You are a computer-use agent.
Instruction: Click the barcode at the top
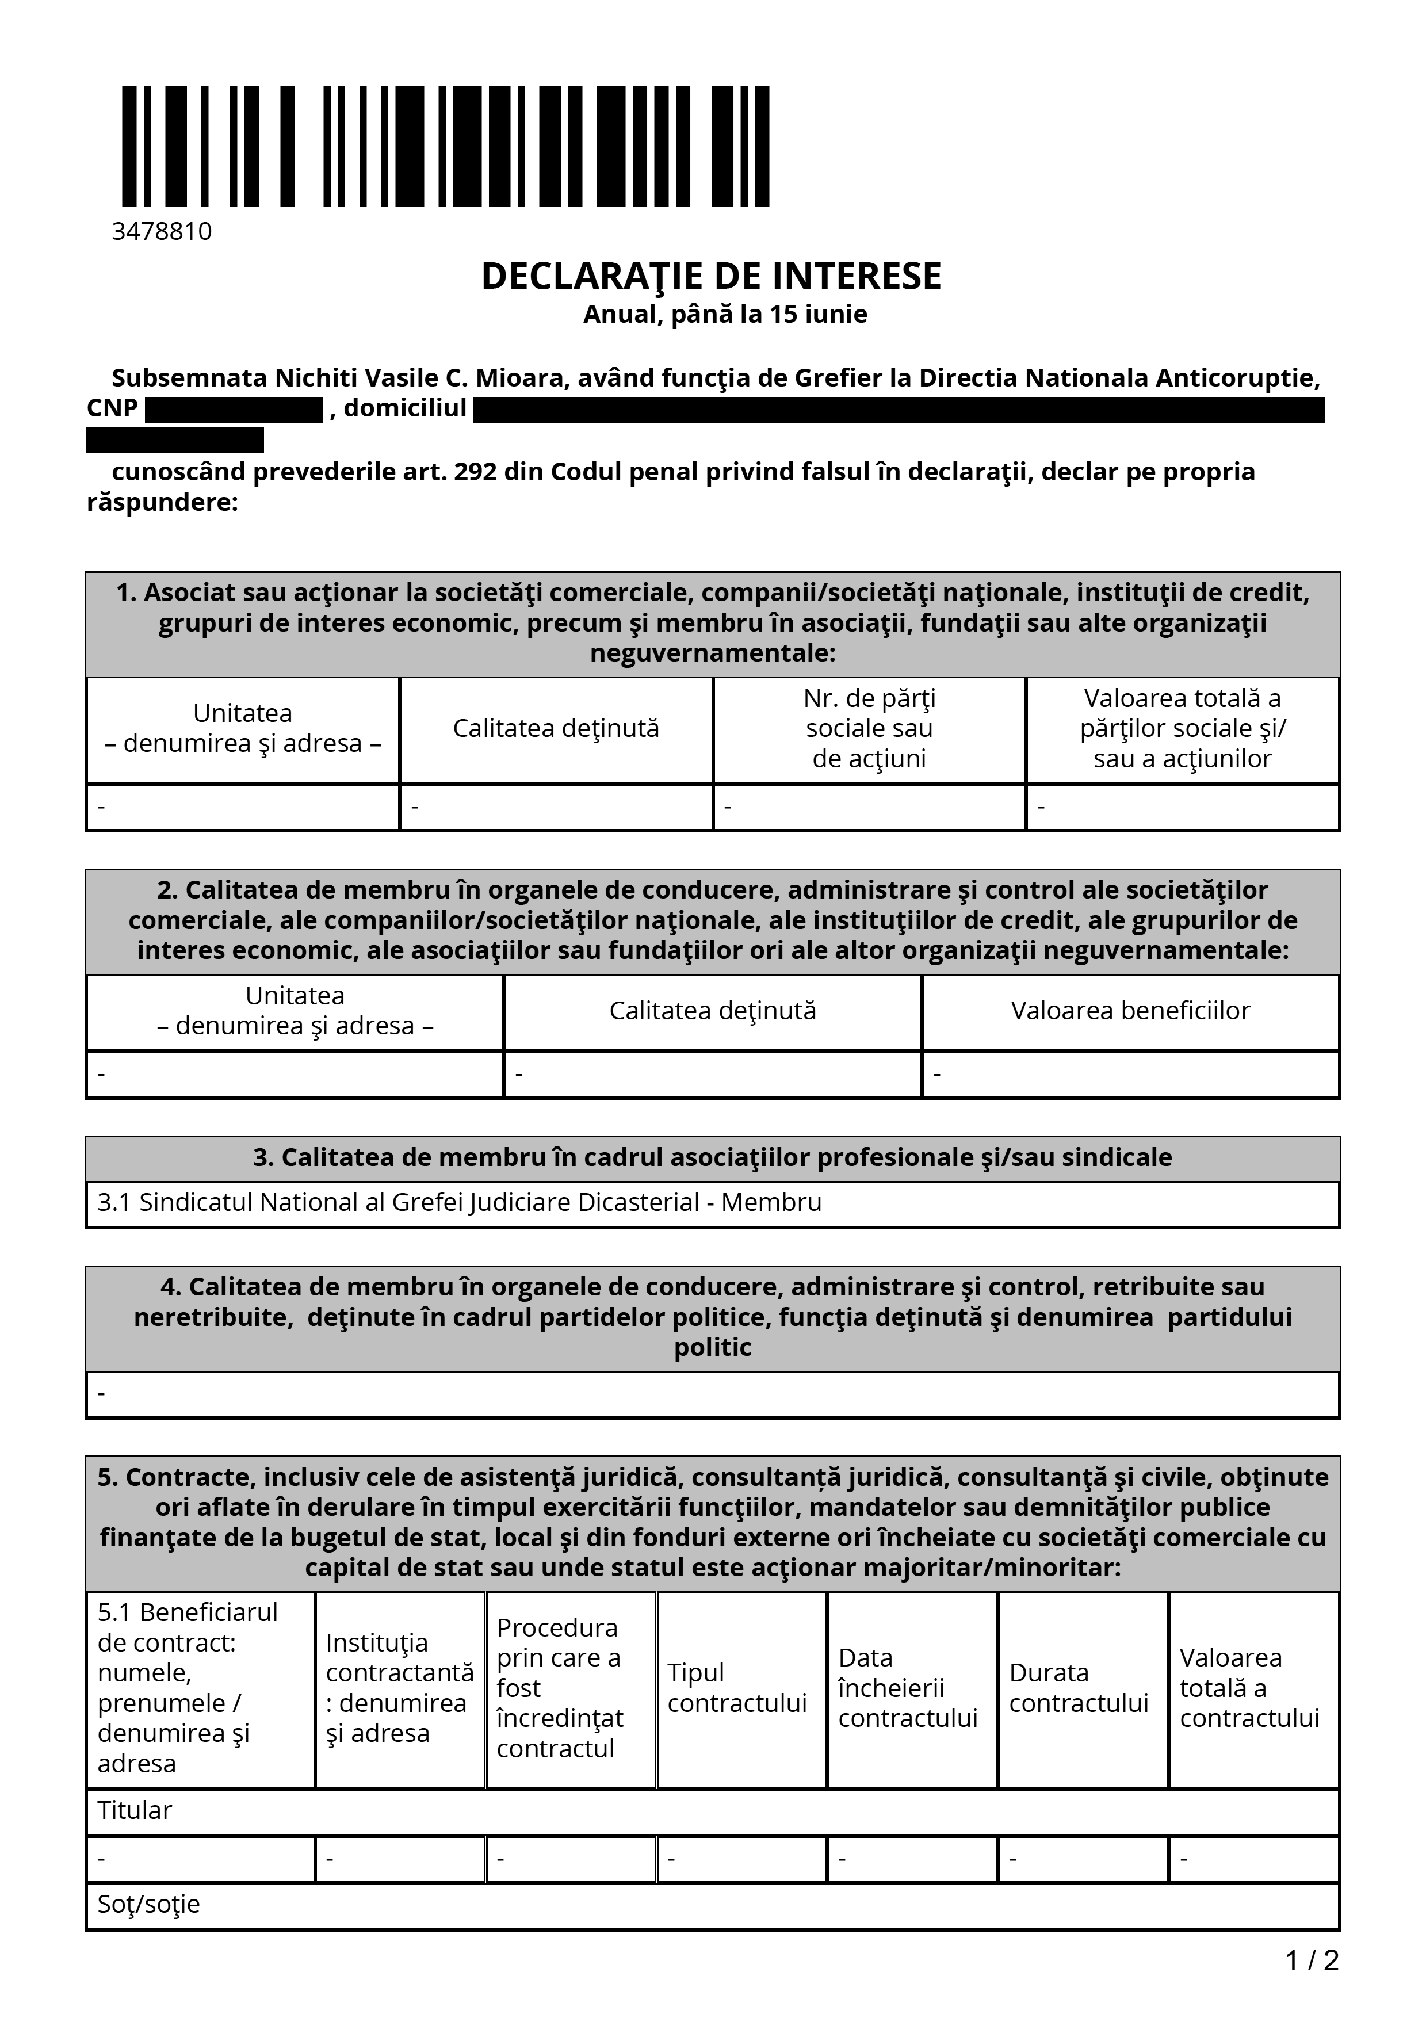click(x=445, y=147)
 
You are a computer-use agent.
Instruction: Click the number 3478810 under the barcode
click(x=162, y=232)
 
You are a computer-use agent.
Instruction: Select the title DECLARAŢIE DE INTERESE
click(x=711, y=276)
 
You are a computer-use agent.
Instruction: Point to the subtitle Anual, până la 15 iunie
click(x=725, y=315)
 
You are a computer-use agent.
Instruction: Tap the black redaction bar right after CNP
click(x=234, y=410)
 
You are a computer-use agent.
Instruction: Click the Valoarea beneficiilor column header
click(x=1130, y=1011)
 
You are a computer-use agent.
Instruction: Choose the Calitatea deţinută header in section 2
click(x=713, y=1011)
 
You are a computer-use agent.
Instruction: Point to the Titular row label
click(x=135, y=1810)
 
